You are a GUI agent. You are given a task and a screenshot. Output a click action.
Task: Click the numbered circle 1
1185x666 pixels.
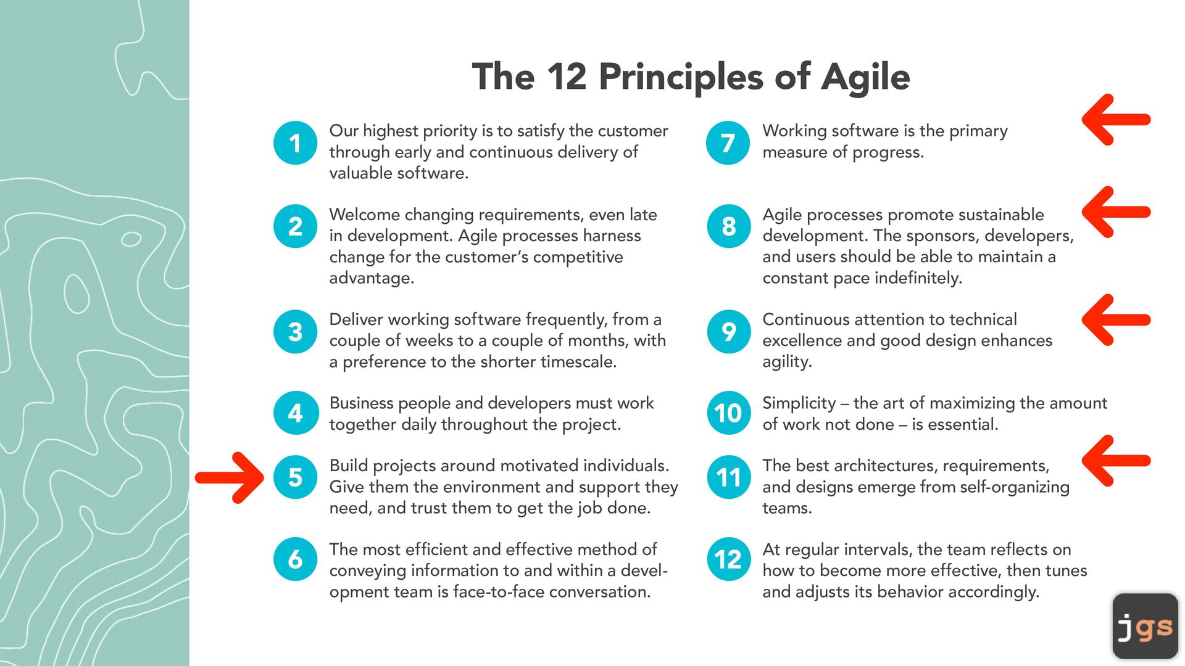click(x=295, y=143)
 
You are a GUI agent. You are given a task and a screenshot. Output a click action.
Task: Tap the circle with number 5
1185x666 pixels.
click(x=295, y=477)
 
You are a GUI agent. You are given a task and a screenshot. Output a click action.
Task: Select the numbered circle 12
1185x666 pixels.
click(x=728, y=559)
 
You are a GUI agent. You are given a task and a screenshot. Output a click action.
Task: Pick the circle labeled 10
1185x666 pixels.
click(x=728, y=413)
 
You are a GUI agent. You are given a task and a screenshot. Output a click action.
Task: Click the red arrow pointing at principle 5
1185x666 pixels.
click(x=230, y=477)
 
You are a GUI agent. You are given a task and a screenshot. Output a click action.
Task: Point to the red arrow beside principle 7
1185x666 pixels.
click(x=1116, y=120)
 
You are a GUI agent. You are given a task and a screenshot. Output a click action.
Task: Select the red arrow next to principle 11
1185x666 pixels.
click(x=1116, y=461)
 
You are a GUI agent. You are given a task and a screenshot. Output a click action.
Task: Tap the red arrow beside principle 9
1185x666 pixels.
click(x=1116, y=319)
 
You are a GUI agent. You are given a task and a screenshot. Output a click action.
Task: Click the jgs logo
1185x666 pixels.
click(x=1145, y=627)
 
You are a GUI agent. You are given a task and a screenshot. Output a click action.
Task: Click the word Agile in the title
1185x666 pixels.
click(x=865, y=78)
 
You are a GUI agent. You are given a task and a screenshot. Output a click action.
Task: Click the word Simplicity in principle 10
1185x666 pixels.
click(x=799, y=404)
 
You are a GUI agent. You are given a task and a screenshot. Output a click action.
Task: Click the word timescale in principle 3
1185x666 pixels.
click(x=578, y=361)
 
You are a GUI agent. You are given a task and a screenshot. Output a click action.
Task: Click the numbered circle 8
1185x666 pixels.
click(x=728, y=226)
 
